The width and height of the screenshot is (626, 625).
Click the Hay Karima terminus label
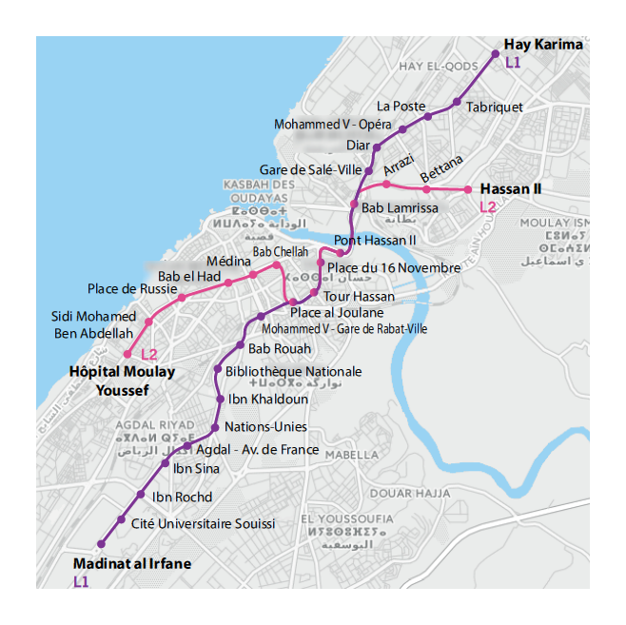coord(543,45)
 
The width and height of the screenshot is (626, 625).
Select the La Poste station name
coord(401,106)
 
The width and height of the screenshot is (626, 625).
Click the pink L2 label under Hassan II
coord(487,206)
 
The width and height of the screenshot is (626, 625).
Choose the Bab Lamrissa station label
coord(400,208)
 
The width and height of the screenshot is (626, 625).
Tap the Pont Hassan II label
coord(376,240)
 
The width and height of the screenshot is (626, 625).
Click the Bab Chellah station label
coord(281,251)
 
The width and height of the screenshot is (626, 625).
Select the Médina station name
coord(228,262)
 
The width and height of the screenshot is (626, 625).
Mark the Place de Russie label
coord(132,288)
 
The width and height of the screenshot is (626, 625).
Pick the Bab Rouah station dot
coord(241,345)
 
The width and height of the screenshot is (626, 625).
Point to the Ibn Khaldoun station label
coord(268,400)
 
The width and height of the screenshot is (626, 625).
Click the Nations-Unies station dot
coord(216,428)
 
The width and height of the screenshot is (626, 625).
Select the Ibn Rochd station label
coord(182,497)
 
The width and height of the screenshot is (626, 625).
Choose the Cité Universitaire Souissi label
coord(203,524)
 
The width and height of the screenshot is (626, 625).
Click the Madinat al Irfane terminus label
coord(132,564)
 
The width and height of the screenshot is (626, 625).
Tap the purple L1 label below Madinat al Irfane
coord(81,581)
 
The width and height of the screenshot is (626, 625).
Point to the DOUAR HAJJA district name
coord(409,493)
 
